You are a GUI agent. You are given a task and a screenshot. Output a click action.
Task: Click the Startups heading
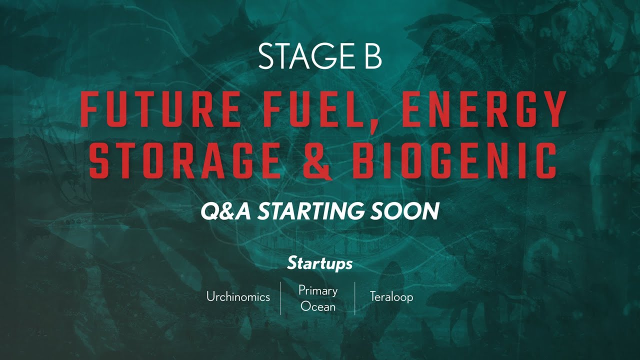coord(320,263)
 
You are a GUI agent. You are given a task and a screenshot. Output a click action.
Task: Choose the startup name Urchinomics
coord(238,297)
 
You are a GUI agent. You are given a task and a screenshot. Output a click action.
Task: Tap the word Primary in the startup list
coord(318,290)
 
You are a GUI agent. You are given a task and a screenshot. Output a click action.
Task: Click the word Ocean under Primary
coord(318,306)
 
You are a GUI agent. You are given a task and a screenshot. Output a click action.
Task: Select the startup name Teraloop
coord(391,297)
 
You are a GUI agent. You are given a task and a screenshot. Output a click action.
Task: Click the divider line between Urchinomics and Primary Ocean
coord(280,298)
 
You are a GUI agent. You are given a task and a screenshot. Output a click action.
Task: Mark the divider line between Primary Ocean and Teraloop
coord(355,298)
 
